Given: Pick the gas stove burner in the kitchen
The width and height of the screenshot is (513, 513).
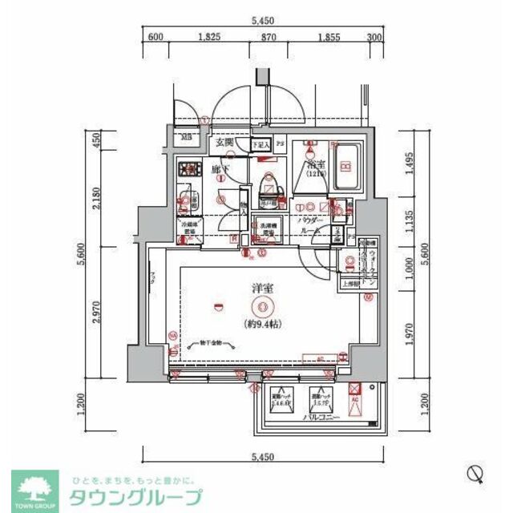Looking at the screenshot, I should point(190,169).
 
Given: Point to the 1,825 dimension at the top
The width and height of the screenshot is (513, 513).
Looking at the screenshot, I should point(209,37).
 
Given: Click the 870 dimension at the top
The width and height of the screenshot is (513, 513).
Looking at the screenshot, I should point(269,37).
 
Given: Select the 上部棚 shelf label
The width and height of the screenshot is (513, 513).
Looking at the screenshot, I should point(351,283).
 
